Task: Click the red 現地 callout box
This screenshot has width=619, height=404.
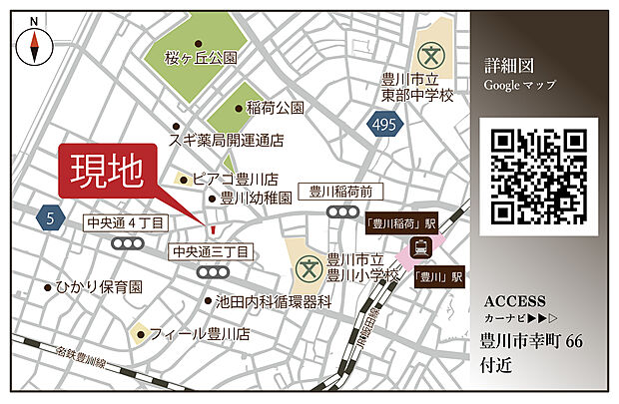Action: click(x=113, y=173)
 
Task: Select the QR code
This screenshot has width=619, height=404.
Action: click(x=538, y=176)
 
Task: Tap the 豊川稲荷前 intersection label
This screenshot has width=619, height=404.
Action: click(x=339, y=191)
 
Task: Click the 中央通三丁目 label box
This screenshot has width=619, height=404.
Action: click(x=210, y=251)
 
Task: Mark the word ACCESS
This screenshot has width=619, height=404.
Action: click(x=514, y=301)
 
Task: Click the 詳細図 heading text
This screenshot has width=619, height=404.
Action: click(x=505, y=66)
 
